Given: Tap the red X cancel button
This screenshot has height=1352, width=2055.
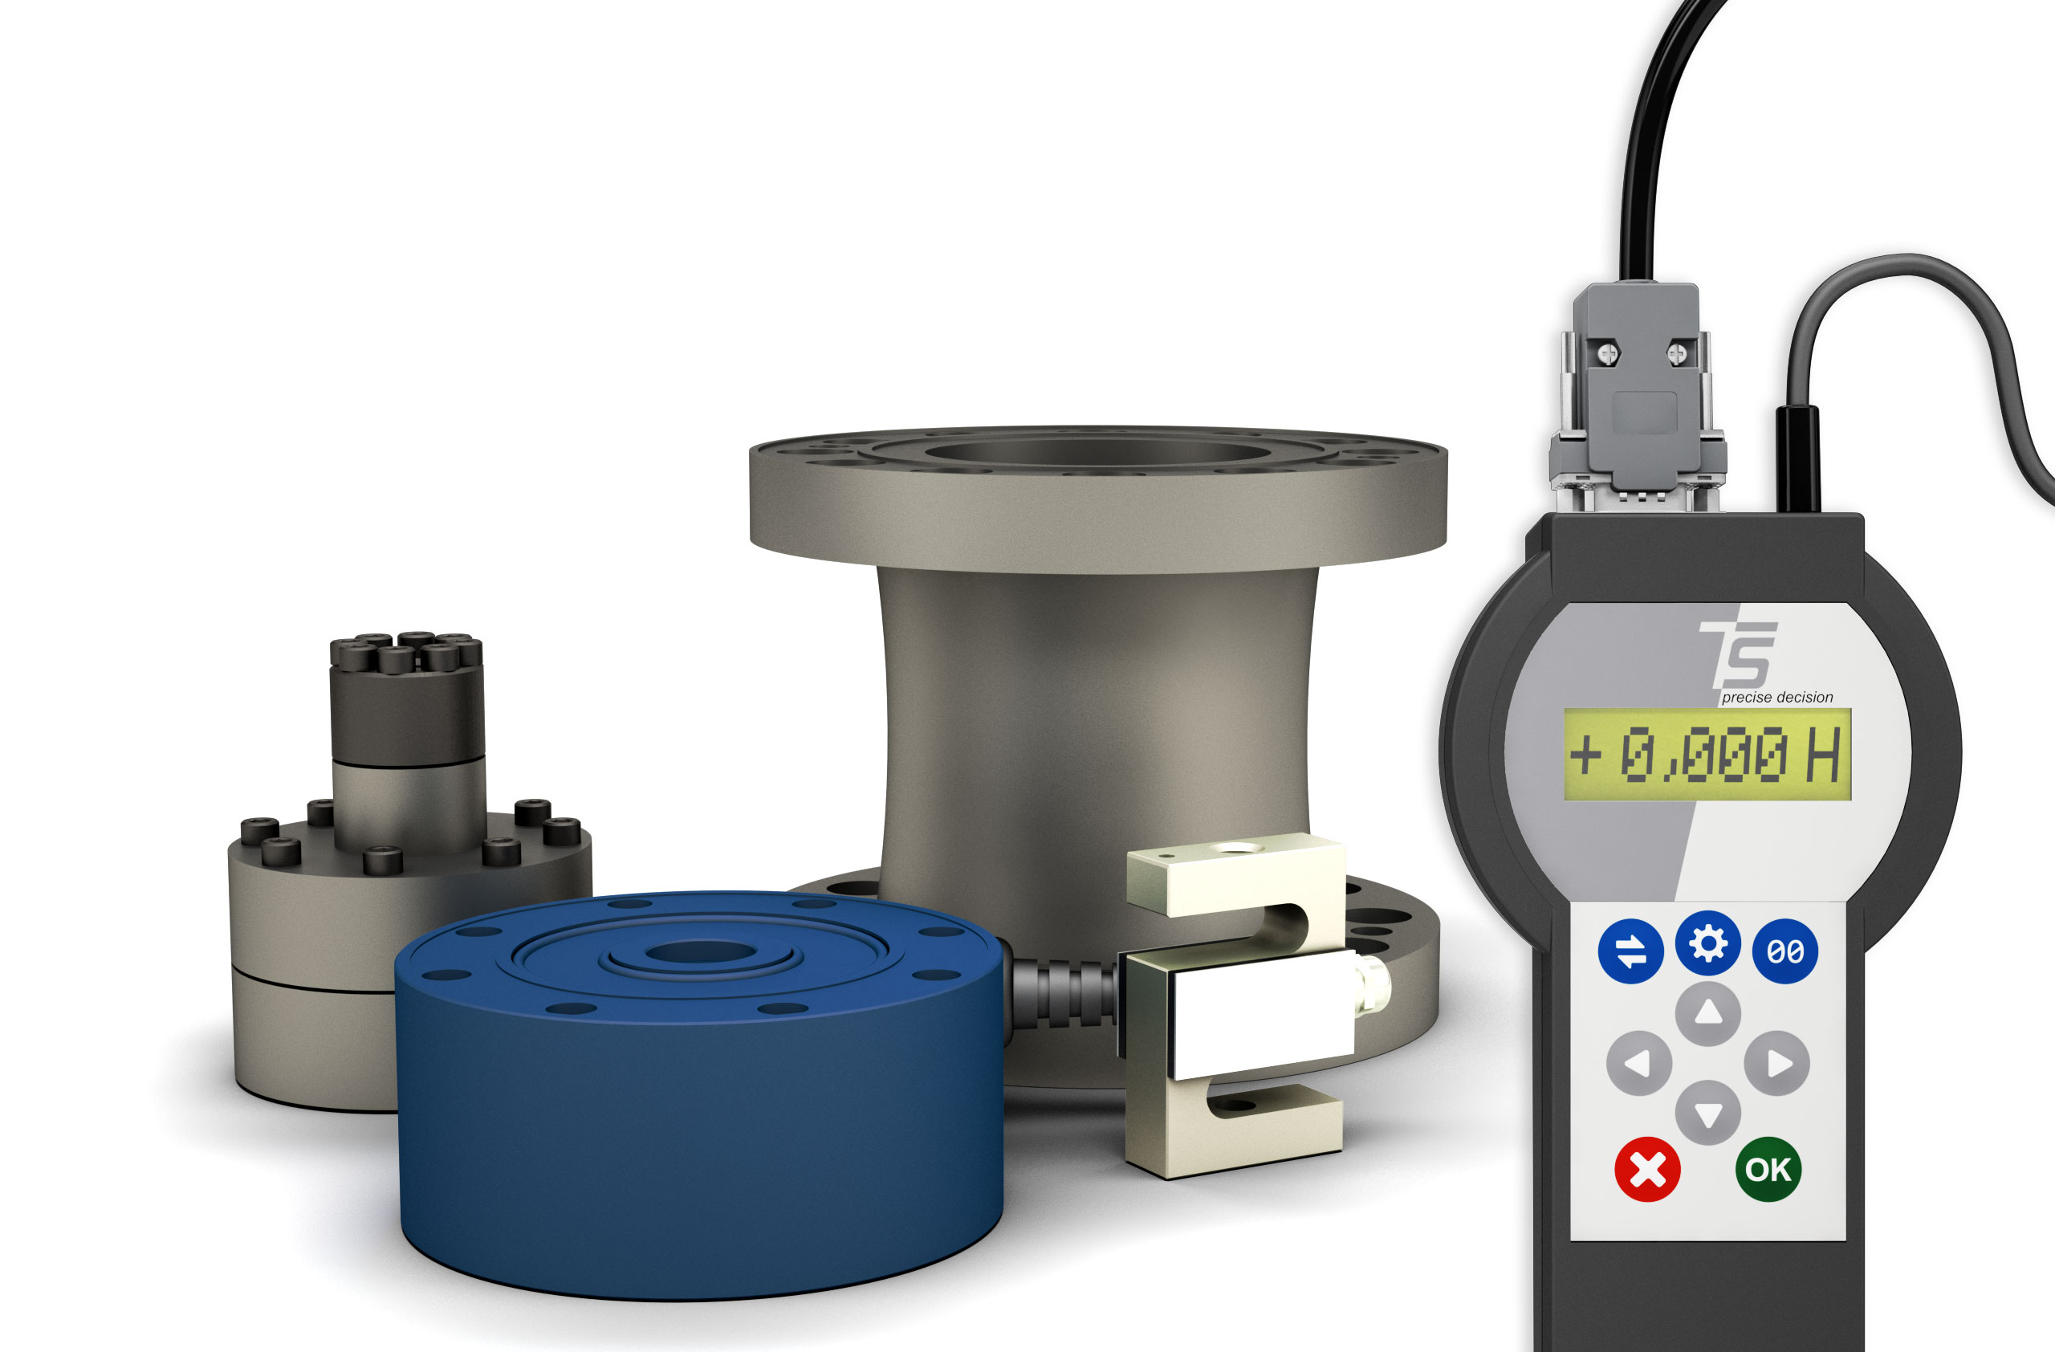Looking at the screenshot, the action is coord(1646,1171).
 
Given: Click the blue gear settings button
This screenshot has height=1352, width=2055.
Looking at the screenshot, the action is coord(1708,943).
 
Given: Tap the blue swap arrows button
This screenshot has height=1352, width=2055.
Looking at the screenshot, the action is coord(1631,951).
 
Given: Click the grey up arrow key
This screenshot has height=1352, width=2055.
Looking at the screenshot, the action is coord(1708,1013).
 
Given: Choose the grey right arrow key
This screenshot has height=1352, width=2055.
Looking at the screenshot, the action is coord(1777,1063).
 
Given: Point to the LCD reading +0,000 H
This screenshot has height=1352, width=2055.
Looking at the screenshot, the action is coord(1707,755).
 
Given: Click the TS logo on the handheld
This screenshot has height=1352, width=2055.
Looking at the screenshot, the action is coord(1737,655).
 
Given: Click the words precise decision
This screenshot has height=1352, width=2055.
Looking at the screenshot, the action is coord(1777,698).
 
